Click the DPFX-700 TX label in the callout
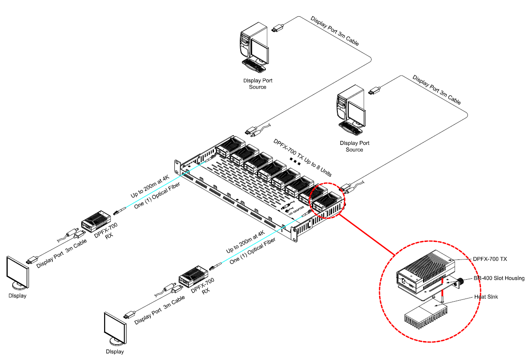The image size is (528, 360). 490,259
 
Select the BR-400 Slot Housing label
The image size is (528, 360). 499,278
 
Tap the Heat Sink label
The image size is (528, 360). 485,297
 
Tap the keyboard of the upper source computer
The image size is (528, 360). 254,66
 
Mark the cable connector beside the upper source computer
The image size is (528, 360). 277,29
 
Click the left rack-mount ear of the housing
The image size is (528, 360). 177,165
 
